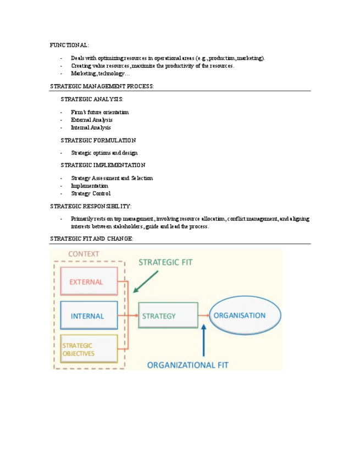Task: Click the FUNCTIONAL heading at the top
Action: point(69,45)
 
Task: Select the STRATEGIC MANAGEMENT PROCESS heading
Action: point(102,86)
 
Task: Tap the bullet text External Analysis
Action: point(91,120)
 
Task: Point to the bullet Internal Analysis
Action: point(91,127)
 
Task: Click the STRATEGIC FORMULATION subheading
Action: point(98,140)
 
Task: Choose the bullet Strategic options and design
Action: point(104,153)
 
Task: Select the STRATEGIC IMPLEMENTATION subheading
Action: point(103,165)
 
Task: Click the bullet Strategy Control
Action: point(90,193)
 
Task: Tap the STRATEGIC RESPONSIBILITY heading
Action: point(91,206)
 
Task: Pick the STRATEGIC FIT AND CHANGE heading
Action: point(91,239)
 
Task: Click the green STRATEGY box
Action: point(168,316)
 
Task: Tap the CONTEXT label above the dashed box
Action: point(84,254)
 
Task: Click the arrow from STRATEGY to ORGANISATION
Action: point(203,315)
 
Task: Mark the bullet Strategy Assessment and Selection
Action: point(112,178)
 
